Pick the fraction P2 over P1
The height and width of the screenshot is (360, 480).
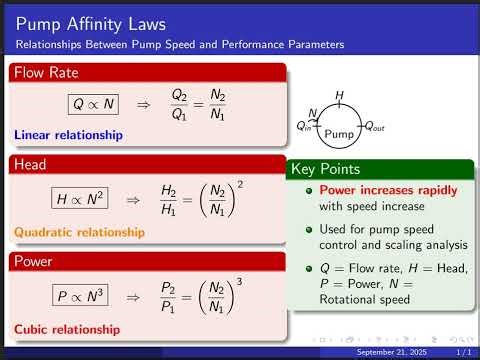point(173,297)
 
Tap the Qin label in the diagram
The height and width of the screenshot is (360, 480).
point(305,126)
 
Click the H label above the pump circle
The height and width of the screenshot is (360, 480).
point(339,96)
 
